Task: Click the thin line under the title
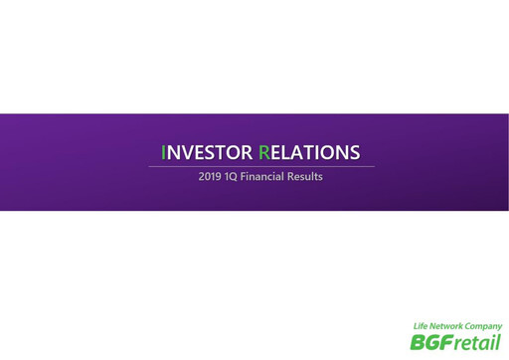pos(260,166)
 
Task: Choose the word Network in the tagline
pos(448,326)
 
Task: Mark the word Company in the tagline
pos(485,326)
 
